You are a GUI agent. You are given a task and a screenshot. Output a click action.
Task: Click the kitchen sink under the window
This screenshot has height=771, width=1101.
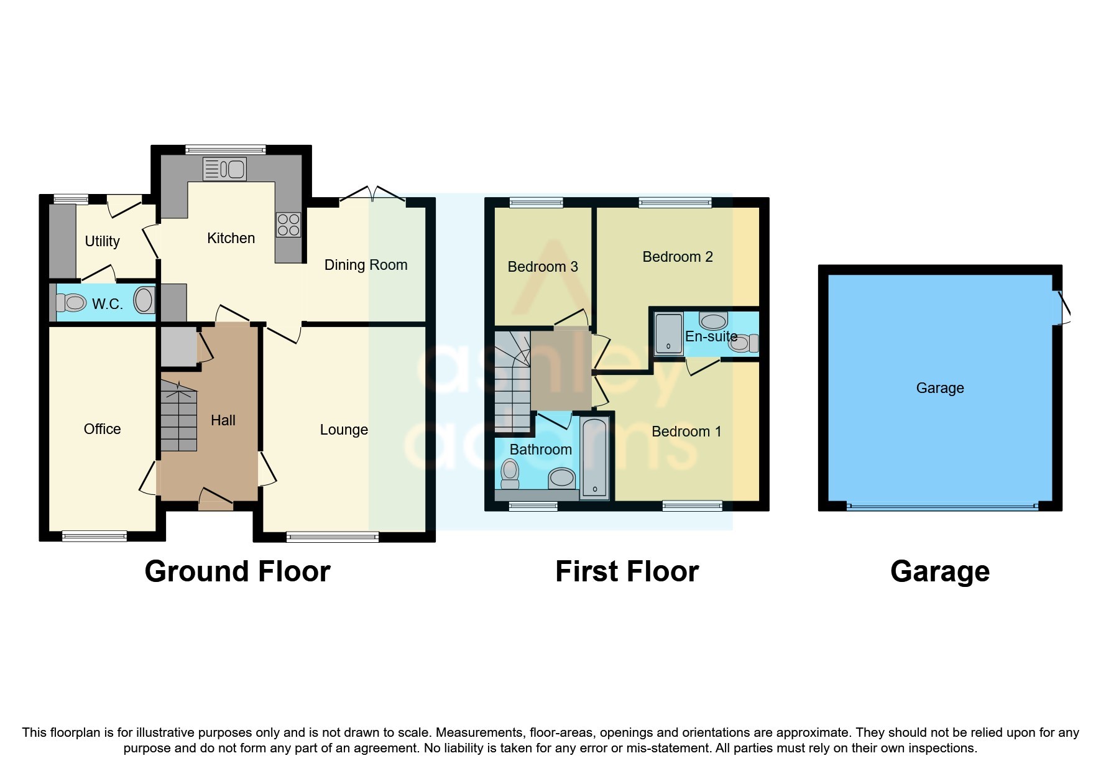point(225,169)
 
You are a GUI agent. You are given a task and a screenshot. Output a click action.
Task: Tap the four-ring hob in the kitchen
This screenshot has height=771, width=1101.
point(288,224)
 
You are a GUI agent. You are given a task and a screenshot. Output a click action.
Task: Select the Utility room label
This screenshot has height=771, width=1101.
point(102,241)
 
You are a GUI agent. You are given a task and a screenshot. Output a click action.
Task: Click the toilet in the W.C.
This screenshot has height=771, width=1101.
point(71,303)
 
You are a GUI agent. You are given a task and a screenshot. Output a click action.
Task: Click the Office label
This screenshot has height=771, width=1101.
point(102,429)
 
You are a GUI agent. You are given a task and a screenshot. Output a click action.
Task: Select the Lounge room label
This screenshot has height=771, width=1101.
point(344,430)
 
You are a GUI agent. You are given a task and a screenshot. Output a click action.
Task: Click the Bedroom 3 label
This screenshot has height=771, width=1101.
point(542,267)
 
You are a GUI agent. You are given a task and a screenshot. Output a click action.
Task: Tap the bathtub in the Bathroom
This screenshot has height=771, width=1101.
point(595,459)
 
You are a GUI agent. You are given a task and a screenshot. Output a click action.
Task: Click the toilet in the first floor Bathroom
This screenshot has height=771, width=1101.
point(510,475)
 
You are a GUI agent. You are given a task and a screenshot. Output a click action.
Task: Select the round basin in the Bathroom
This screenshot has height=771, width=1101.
point(562,478)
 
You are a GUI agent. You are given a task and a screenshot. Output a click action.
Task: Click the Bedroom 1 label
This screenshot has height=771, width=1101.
point(686,432)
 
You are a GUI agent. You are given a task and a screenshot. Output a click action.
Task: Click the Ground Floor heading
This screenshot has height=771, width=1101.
point(237,571)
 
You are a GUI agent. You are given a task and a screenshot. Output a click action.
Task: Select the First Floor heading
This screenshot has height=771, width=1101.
point(627,571)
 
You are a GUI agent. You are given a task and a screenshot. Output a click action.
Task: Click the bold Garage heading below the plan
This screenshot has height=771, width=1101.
point(939,571)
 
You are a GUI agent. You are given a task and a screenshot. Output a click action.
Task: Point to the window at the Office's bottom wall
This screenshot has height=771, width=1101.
point(94,536)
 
